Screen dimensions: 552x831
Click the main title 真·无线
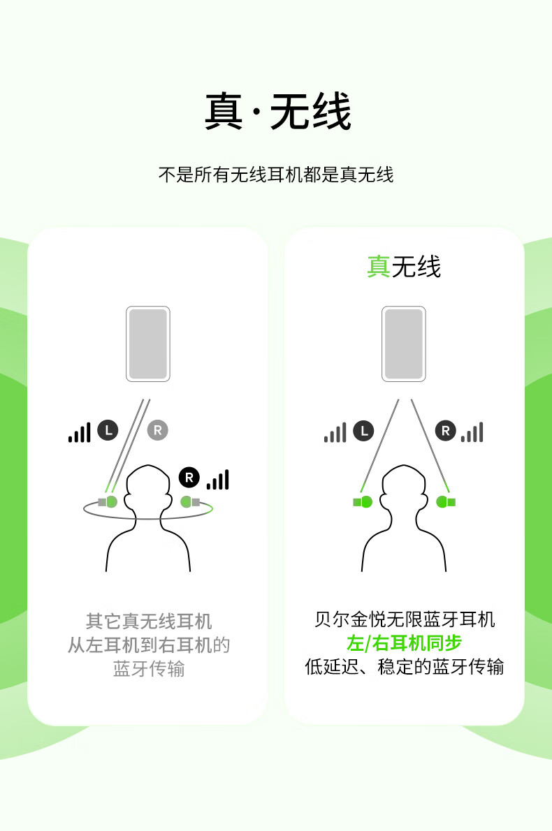278,111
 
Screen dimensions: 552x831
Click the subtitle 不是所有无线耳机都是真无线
276,175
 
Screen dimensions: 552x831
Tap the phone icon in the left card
148,344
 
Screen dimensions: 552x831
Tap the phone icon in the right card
404,344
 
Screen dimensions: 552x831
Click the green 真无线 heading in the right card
404,266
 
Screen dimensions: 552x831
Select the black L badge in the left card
108,430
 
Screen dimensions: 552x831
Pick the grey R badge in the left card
157,430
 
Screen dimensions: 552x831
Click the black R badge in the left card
189,478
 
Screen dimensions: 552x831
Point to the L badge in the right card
364,432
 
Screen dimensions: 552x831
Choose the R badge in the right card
445,432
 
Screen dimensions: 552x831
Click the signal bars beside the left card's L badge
80,432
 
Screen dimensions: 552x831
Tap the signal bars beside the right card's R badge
472,432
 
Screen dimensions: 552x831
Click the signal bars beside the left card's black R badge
218,480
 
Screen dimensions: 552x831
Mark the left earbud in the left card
108,501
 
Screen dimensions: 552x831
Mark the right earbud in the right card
445,501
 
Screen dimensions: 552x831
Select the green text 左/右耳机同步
404,643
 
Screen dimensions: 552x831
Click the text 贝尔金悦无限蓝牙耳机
404,619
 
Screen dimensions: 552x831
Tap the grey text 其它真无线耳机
149,621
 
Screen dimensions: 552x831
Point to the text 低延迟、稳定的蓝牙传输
404,667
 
